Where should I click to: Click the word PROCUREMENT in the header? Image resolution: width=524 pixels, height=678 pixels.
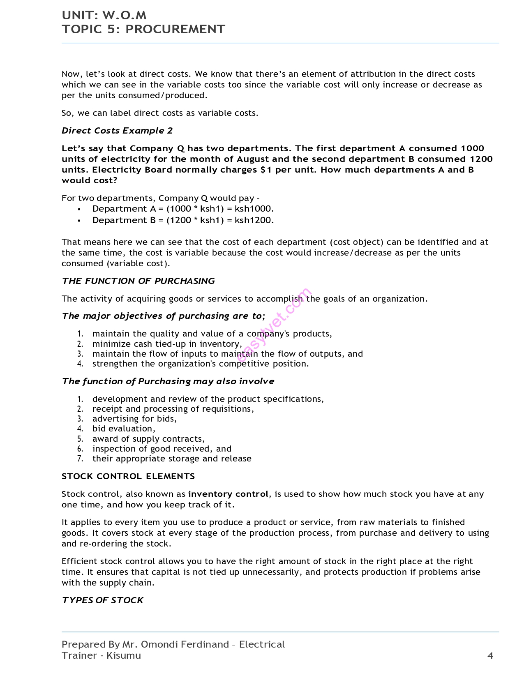pyautogui.click(x=175, y=29)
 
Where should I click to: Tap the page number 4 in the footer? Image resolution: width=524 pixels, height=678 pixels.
pyautogui.click(x=490, y=655)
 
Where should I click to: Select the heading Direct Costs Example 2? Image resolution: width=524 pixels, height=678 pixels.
pyautogui.click(x=117, y=131)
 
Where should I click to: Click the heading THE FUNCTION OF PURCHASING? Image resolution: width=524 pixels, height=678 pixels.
pyautogui.click(x=138, y=281)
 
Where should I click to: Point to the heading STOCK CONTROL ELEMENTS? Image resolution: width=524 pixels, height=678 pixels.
pyautogui.click(x=128, y=476)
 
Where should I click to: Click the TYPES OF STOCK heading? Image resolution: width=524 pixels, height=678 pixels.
pyautogui.click(x=102, y=600)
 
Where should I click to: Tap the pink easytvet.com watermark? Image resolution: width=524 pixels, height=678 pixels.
pyautogui.click(x=274, y=325)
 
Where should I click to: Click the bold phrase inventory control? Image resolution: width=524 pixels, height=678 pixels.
pyautogui.click(x=228, y=494)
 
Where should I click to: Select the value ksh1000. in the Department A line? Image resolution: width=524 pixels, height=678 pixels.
pyautogui.click(x=254, y=209)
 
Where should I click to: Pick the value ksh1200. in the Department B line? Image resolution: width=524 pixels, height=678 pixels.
pyautogui.click(x=254, y=220)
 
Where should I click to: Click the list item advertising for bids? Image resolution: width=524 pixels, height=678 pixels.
pyautogui.click(x=134, y=419)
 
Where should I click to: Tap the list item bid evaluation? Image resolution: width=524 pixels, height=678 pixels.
pyautogui.click(x=124, y=429)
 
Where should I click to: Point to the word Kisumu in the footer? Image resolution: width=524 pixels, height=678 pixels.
pyautogui.click(x=123, y=655)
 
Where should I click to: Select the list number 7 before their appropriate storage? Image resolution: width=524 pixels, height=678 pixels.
pyautogui.click(x=80, y=459)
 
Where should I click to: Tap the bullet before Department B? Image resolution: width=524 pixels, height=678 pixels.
pyautogui.click(x=79, y=221)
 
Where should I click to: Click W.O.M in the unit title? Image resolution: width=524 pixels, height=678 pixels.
pyautogui.click(x=124, y=15)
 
